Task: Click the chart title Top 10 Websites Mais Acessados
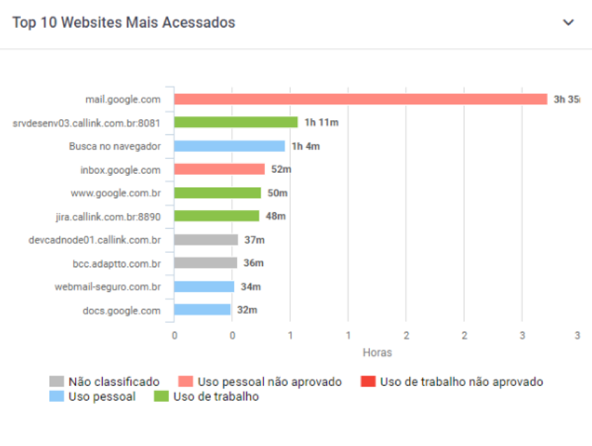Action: coord(124,23)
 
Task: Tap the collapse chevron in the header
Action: coord(569,23)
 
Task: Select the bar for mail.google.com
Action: coord(361,99)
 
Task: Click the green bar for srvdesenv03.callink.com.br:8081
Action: coord(236,123)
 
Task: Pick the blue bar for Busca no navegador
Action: coord(230,146)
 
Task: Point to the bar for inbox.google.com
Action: coord(219,170)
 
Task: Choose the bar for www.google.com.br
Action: coord(218,193)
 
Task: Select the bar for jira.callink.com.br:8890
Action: coord(217,216)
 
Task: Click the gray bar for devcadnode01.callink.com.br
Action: coord(206,240)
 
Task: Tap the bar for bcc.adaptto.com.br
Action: coord(206,263)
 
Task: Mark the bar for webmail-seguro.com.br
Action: coord(204,287)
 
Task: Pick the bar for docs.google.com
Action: coord(202,310)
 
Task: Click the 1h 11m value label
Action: coord(321,123)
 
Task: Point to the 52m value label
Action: coord(280,170)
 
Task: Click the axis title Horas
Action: coord(377,352)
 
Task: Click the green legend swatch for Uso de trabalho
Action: coord(163,397)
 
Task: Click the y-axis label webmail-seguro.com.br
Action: coord(108,287)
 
